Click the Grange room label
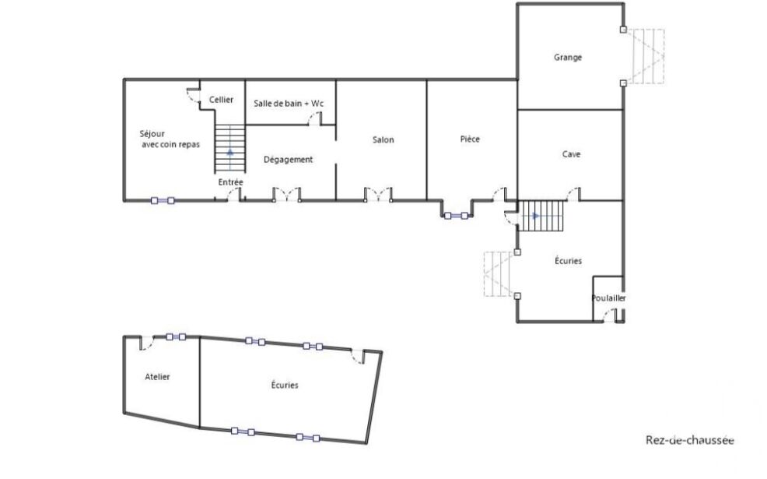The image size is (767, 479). tap(568, 58)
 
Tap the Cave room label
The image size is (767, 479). tap(571, 154)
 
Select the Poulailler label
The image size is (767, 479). tap(608, 298)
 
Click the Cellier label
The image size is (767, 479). tap(221, 100)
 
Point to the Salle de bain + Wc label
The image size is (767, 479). tap(289, 104)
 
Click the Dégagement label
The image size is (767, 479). tap(288, 160)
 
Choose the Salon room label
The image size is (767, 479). tap(383, 140)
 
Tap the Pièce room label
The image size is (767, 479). tap(470, 139)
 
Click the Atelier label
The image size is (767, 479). tap(157, 377)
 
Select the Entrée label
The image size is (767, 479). tap(231, 182)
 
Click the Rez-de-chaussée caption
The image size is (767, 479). tap(690, 440)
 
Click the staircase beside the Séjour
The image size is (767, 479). tap(230, 149)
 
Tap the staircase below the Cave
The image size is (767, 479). tap(541, 216)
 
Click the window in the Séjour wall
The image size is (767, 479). tap(163, 200)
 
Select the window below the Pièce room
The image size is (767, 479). tap(456, 216)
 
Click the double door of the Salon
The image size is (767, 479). tap(378, 195)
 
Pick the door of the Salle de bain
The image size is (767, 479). tap(316, 118)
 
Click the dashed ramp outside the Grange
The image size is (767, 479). tap(646, 56)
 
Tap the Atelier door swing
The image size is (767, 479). tap(147, 343)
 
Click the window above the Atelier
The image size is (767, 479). tap(176, 336)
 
